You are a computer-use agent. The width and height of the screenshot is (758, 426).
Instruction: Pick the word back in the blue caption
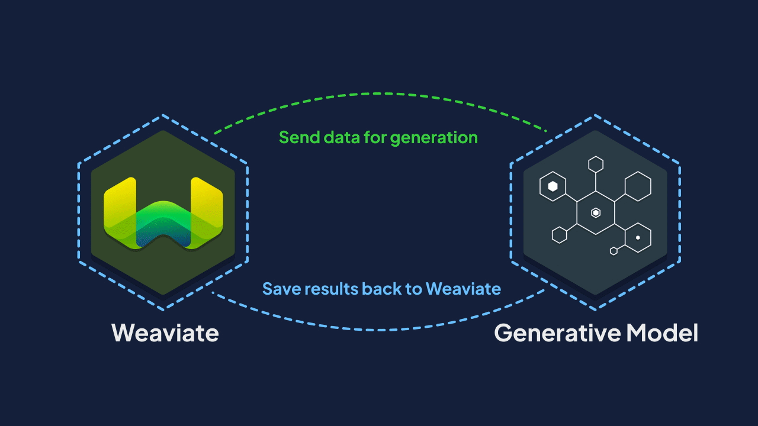(381, 289)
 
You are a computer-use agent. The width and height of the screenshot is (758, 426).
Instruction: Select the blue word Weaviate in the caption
(464, 289)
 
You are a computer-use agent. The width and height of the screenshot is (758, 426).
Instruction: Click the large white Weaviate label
(165, 333)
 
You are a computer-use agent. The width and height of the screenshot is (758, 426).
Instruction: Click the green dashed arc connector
(379, 93)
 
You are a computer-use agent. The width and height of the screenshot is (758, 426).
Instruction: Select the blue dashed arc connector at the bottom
(379, 329)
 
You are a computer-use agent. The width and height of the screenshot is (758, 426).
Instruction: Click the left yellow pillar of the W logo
(120, 204)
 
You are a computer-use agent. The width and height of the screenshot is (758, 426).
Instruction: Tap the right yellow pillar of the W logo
(206, 204)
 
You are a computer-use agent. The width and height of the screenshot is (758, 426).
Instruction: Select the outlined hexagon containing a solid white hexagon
(553, 186)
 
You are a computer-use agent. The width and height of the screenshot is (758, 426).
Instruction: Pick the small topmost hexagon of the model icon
(596, 164)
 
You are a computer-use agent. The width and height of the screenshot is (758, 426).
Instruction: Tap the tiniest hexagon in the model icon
(614, 251)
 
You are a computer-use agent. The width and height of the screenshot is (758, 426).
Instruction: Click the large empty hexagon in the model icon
(638, 186)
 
